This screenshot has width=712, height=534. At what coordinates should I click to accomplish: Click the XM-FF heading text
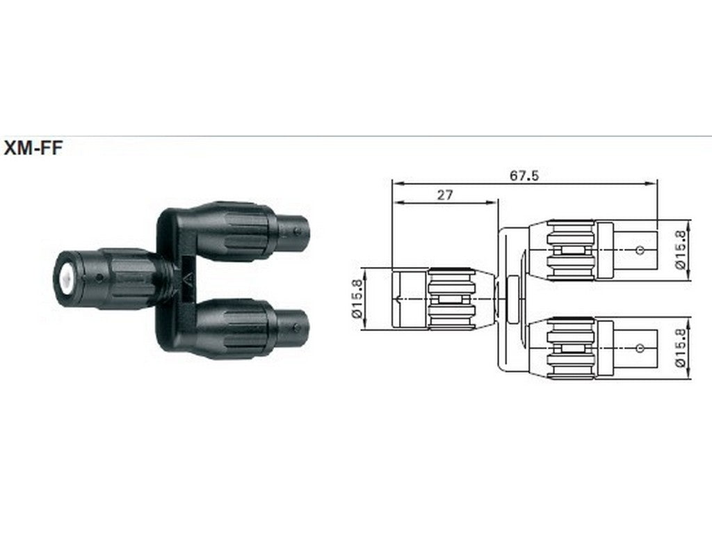pos(33,148)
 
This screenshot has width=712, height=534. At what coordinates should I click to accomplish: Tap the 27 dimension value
pos(445,195)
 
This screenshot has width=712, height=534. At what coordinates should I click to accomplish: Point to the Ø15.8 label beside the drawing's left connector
pos(357,298)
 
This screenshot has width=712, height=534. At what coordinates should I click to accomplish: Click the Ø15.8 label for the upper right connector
pos(681,250)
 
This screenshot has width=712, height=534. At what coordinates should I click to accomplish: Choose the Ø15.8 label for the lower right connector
pos(681,348)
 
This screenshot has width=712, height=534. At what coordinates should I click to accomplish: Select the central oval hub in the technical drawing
pos(512,299)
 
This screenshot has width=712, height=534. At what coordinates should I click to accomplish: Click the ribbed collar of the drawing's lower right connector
pos(571,348)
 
